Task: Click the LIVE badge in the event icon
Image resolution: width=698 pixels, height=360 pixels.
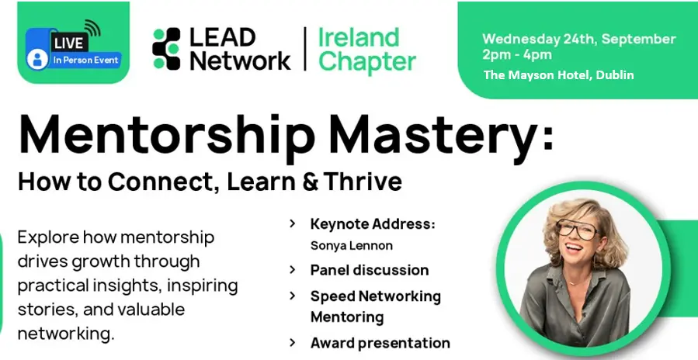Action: point(69,43)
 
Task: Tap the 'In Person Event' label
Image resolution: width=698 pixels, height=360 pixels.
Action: point(86,60)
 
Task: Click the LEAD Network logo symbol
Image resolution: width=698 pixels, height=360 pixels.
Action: point(166,49)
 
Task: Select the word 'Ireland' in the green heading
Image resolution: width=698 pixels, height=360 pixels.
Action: point(359,37)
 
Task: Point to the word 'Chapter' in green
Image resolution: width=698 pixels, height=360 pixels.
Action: point(366,61)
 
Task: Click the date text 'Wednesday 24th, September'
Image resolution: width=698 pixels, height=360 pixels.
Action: point(578,39)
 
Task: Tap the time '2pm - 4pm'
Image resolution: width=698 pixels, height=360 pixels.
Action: point(517,55)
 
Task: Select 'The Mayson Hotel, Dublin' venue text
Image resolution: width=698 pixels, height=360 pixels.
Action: point(559,74)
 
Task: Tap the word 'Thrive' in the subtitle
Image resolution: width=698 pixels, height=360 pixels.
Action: point(363,182)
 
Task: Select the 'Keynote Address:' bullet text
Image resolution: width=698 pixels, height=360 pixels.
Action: point(373,223)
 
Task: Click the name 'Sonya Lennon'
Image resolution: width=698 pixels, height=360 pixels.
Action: point(351,246)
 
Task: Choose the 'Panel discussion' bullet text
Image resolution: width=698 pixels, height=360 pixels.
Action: point(370,270)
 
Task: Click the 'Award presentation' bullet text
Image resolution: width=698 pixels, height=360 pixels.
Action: point(380,343)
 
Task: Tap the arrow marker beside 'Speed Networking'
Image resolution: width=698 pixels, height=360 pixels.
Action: point(293,296)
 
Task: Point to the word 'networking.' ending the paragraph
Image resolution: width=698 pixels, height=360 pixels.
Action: point(66,334)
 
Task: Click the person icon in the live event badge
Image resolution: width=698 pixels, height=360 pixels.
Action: point(37,59)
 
